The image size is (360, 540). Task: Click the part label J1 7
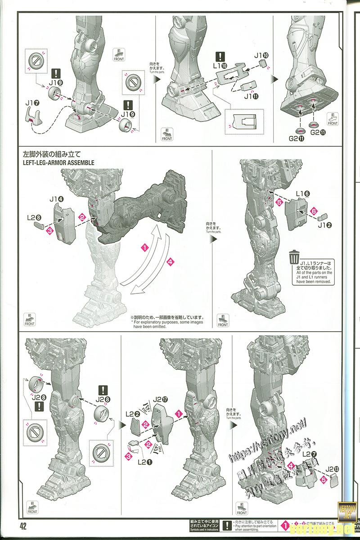pos(32,103)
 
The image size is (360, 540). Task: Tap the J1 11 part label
pos(250,95)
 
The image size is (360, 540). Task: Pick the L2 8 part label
pos(34,217)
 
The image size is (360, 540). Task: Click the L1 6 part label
pos(302,193)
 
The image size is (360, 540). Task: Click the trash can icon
pos(294,257)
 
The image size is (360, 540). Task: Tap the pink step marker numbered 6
pos(314,210)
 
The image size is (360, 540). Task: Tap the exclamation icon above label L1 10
pos(220,57)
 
